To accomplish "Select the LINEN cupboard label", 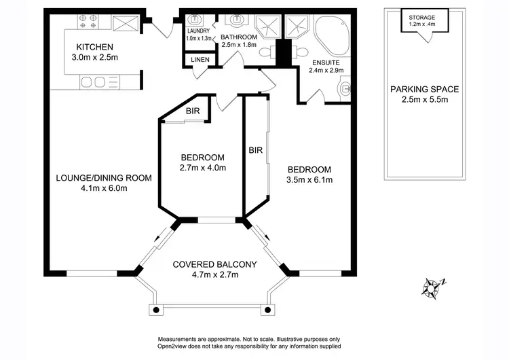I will click(200, 60).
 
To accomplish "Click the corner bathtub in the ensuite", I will click(330, 32).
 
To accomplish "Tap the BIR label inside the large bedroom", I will click(256, 149).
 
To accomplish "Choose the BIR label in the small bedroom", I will click(193, 111).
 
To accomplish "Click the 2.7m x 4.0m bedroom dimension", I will click(202, 168).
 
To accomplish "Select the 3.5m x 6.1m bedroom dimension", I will click(309, 181).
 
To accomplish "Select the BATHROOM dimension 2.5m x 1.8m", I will click(239, 45).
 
